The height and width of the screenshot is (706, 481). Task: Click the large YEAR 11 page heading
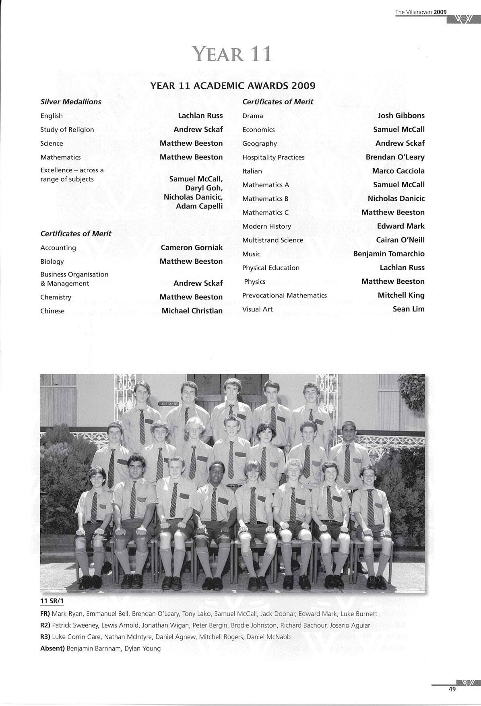pyautogui.click(x=232, y=54)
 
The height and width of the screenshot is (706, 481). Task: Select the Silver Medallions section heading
pyautogui.click(x=71, y=102)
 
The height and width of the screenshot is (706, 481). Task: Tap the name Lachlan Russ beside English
pyautogui.click(x=200, y=116)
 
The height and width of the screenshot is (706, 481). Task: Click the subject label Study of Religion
pyautogui.click(x=67, y=130)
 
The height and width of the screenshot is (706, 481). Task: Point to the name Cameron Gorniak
pyautogui.click(x=192, y=248)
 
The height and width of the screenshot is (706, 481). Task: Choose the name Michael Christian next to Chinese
pyautogui.click(x=192, y=311)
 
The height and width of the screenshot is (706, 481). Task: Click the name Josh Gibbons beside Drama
pyautogui.click(x=401, y=116)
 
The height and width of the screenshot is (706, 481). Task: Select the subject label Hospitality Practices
pyautogui.click(x=273, y=157)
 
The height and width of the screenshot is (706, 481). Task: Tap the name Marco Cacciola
pyautogui.click(x=398, y=171)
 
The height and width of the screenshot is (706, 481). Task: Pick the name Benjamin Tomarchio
pyautogui.click(x=388, y=254)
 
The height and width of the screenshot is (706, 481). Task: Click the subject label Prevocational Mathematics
pyautogui.click(x=284, y=295)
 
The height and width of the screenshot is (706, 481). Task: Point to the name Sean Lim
pyautogui.click(x=409, y=309)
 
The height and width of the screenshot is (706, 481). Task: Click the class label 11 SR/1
pyautogui.click(x=52, y=601)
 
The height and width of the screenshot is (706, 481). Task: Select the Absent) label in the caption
pyautogui.click(x=52, y=648)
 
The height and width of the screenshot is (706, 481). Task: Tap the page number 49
pyautogui.click(x=452, y=689)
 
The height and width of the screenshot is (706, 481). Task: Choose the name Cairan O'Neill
pyautogui.click(x=400, y=240)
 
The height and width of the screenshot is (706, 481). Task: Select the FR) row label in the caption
pyautogui.click(x=45, y=614)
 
